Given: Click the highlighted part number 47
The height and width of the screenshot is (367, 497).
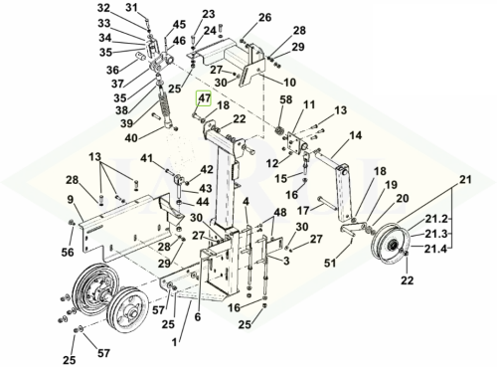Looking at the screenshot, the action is (204, 98).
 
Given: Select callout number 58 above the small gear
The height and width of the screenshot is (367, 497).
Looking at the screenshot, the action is (287, 99).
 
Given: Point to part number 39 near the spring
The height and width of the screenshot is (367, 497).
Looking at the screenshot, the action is (126, 123).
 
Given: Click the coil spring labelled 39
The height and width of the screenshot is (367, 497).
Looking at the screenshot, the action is (164, 103).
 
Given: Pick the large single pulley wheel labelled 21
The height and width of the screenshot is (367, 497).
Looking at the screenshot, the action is (391, 244).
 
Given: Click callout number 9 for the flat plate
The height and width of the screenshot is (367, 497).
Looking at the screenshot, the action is (71, 200).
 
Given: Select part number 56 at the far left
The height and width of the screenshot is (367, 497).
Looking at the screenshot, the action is (68, 253).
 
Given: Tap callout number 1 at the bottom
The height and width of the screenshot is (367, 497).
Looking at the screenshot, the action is (175, 342).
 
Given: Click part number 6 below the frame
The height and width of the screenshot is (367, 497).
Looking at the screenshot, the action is (198, 317).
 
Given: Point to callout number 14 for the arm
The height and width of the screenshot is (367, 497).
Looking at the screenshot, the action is (356, 135).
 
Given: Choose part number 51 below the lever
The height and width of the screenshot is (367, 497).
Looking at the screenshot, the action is (330, 263).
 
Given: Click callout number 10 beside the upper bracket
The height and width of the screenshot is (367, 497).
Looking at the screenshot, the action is (289, 82).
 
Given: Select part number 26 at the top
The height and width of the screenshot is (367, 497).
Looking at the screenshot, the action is (265, 17).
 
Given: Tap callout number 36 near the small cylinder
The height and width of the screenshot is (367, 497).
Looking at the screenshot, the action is (113, 70).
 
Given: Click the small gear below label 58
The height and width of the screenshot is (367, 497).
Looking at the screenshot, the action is (279, 130).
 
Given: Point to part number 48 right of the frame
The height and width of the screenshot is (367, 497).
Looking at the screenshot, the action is (280, 212).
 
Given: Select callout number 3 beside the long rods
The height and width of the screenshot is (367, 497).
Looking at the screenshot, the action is (286, 261).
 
